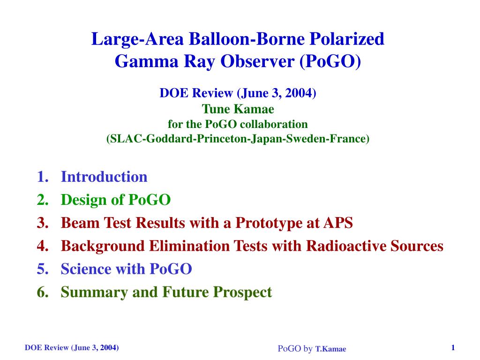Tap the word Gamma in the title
[146, 61]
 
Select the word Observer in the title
[257, 61]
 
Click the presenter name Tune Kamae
[238, 109]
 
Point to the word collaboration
[274, 124]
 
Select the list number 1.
[43, 177]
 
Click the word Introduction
[104, 177]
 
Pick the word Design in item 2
[83, 200]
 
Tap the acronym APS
[338, 223]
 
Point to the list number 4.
[43, 246]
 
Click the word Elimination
[189, 246]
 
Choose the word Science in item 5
[86, 269]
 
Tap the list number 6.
[43, 292]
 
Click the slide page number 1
[453, 347]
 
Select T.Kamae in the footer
[330, 349]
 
